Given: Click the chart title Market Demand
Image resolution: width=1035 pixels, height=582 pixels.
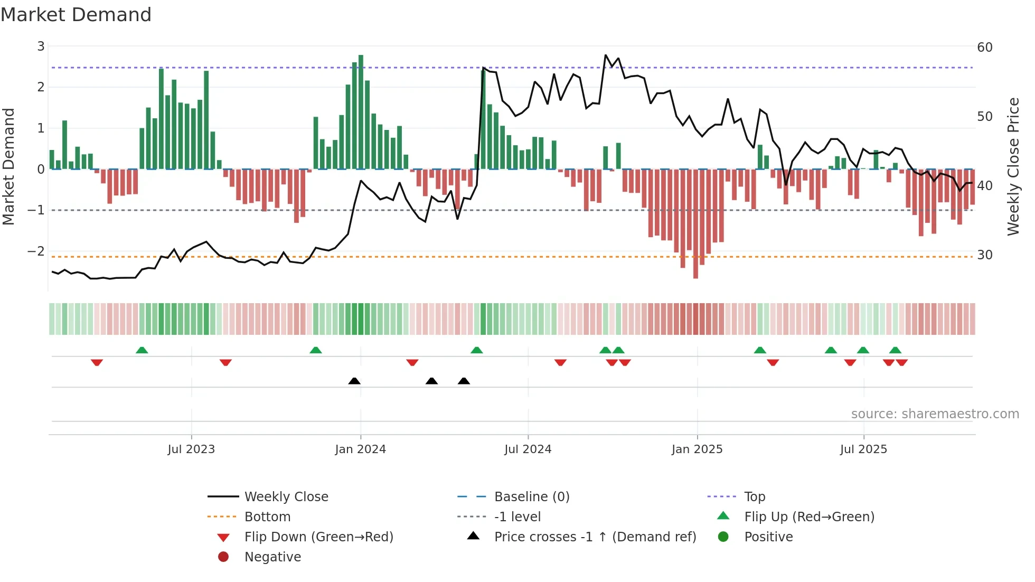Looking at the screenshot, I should point(76,15).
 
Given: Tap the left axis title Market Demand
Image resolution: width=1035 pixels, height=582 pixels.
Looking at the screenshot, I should point(8,167).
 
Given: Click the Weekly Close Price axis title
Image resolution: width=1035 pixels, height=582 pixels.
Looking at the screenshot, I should point(1013,167).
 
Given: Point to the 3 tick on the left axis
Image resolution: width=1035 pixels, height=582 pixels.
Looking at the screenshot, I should point(41,46).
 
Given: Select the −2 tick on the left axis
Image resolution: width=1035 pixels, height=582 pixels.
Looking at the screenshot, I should point(36,251).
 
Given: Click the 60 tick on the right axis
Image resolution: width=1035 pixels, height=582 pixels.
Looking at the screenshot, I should point(985,48).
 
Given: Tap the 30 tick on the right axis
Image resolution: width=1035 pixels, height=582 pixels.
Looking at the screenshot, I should point(985,255).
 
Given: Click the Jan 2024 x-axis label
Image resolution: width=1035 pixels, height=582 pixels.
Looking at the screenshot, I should point(361,449).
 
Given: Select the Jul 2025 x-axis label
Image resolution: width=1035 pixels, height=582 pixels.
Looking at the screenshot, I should point(863,449).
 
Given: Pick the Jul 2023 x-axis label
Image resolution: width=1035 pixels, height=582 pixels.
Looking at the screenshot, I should point(191,449).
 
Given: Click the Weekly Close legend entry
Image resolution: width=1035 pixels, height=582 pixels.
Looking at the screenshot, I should point(286,497).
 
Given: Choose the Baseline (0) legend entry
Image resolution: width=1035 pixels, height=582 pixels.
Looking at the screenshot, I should point(531,497).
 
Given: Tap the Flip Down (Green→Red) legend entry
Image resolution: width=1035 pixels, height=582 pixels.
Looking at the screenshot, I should point(318,537).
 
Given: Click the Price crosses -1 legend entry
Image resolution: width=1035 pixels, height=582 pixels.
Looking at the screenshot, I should point(595,537).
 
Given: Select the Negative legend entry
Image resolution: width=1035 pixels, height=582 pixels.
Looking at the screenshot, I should point(272,557).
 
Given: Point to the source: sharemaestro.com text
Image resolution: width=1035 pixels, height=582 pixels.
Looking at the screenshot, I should point(935,414).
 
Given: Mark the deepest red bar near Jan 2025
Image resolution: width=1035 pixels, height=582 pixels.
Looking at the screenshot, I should point(695,224).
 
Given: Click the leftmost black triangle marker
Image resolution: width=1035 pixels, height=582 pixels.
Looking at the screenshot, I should point(354,381).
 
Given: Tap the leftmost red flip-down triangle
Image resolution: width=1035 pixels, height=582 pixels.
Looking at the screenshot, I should point(97,362).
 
